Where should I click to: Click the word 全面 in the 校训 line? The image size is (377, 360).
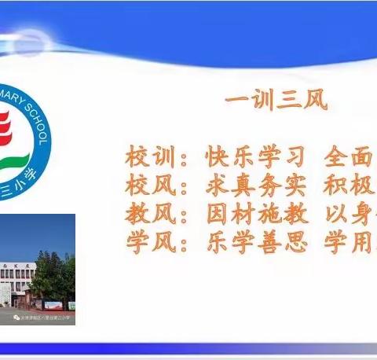pyautogui.click(x=350, y=157)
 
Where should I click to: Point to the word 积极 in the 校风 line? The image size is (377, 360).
pyautogui.click(x=350, y=186)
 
